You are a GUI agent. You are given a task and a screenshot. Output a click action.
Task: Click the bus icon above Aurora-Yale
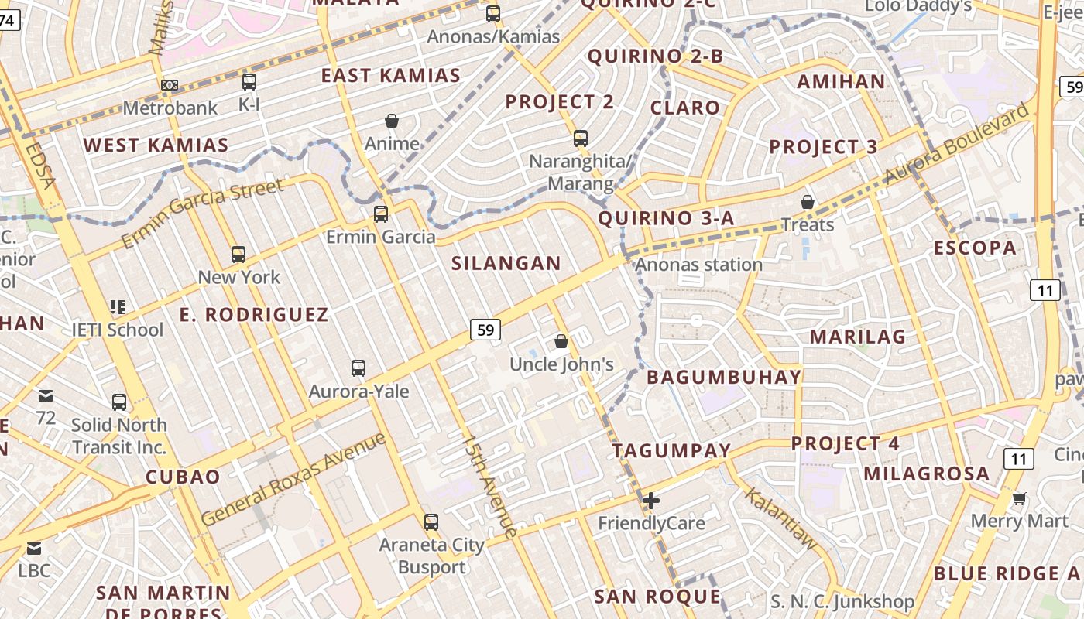(358, 368)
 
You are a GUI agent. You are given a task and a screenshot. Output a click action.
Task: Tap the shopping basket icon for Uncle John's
(561, 340)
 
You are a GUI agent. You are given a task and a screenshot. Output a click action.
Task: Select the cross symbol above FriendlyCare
(651, 501)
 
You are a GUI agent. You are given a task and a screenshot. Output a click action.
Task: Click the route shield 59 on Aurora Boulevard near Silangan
(485, 330)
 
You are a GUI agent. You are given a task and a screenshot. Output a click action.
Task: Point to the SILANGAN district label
(506, 263)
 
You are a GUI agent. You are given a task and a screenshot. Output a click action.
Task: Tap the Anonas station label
(698, 265)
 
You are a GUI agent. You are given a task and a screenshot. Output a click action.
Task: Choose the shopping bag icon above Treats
(808, 202)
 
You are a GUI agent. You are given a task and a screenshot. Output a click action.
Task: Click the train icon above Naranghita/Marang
(581, 139)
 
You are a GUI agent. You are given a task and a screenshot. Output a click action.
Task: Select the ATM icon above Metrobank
(170, 84)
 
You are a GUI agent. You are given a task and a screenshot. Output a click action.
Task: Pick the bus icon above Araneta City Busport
(431, 522)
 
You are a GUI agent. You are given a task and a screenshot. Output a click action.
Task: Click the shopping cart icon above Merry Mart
(1020, 499)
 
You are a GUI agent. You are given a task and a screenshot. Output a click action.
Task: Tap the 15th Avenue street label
(489, 486)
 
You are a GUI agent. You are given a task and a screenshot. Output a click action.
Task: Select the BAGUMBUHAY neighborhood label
(724, 377)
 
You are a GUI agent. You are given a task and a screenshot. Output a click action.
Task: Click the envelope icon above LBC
(34, 549)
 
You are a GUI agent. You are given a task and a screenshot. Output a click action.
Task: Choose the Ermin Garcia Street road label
(203, 214)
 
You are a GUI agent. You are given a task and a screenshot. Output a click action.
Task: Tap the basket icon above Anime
(392, 121)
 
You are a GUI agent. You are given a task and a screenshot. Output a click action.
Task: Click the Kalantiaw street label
(781, 519)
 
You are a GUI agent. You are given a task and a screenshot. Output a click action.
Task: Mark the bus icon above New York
(238, 254)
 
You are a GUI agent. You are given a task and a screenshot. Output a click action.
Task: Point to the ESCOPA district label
(975, 248)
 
